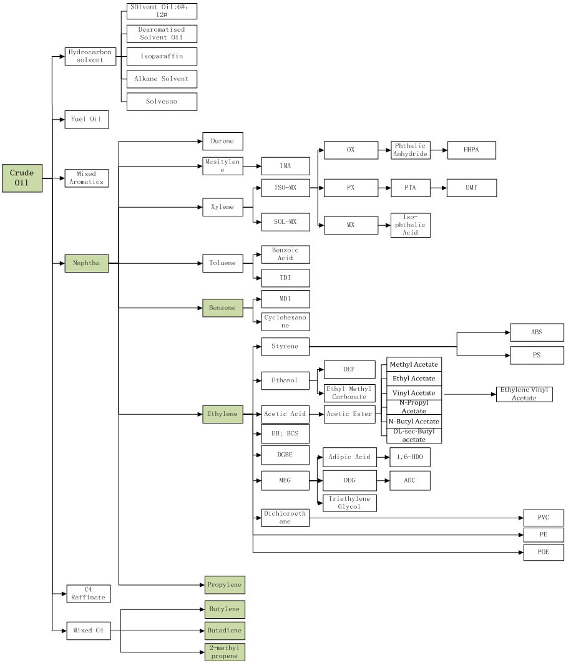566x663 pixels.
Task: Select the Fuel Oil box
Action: tap(87, 119)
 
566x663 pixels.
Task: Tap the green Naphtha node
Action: tap(87, 264)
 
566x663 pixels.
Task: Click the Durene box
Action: tap(222, 142)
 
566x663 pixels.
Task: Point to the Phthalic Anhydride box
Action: tap(411, 150)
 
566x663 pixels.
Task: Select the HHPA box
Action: tap(472, 150)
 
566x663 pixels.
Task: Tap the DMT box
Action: tap(472, 188)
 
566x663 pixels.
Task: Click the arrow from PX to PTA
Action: tap(384, 188)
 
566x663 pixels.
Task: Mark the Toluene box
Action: tap(222, 263)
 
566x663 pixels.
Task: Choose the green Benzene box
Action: tap(222, 308)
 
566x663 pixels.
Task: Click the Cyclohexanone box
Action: tap(285, 321)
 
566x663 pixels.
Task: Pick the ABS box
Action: tap(537, 332)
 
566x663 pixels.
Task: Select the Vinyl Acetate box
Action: tap(413, 393)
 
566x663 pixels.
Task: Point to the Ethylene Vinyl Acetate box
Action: tap(524, 394)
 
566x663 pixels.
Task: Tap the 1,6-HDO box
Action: tap(410, 457)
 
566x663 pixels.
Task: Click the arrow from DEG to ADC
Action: tap(383, 481)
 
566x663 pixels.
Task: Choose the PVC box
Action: tap(544, 518)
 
